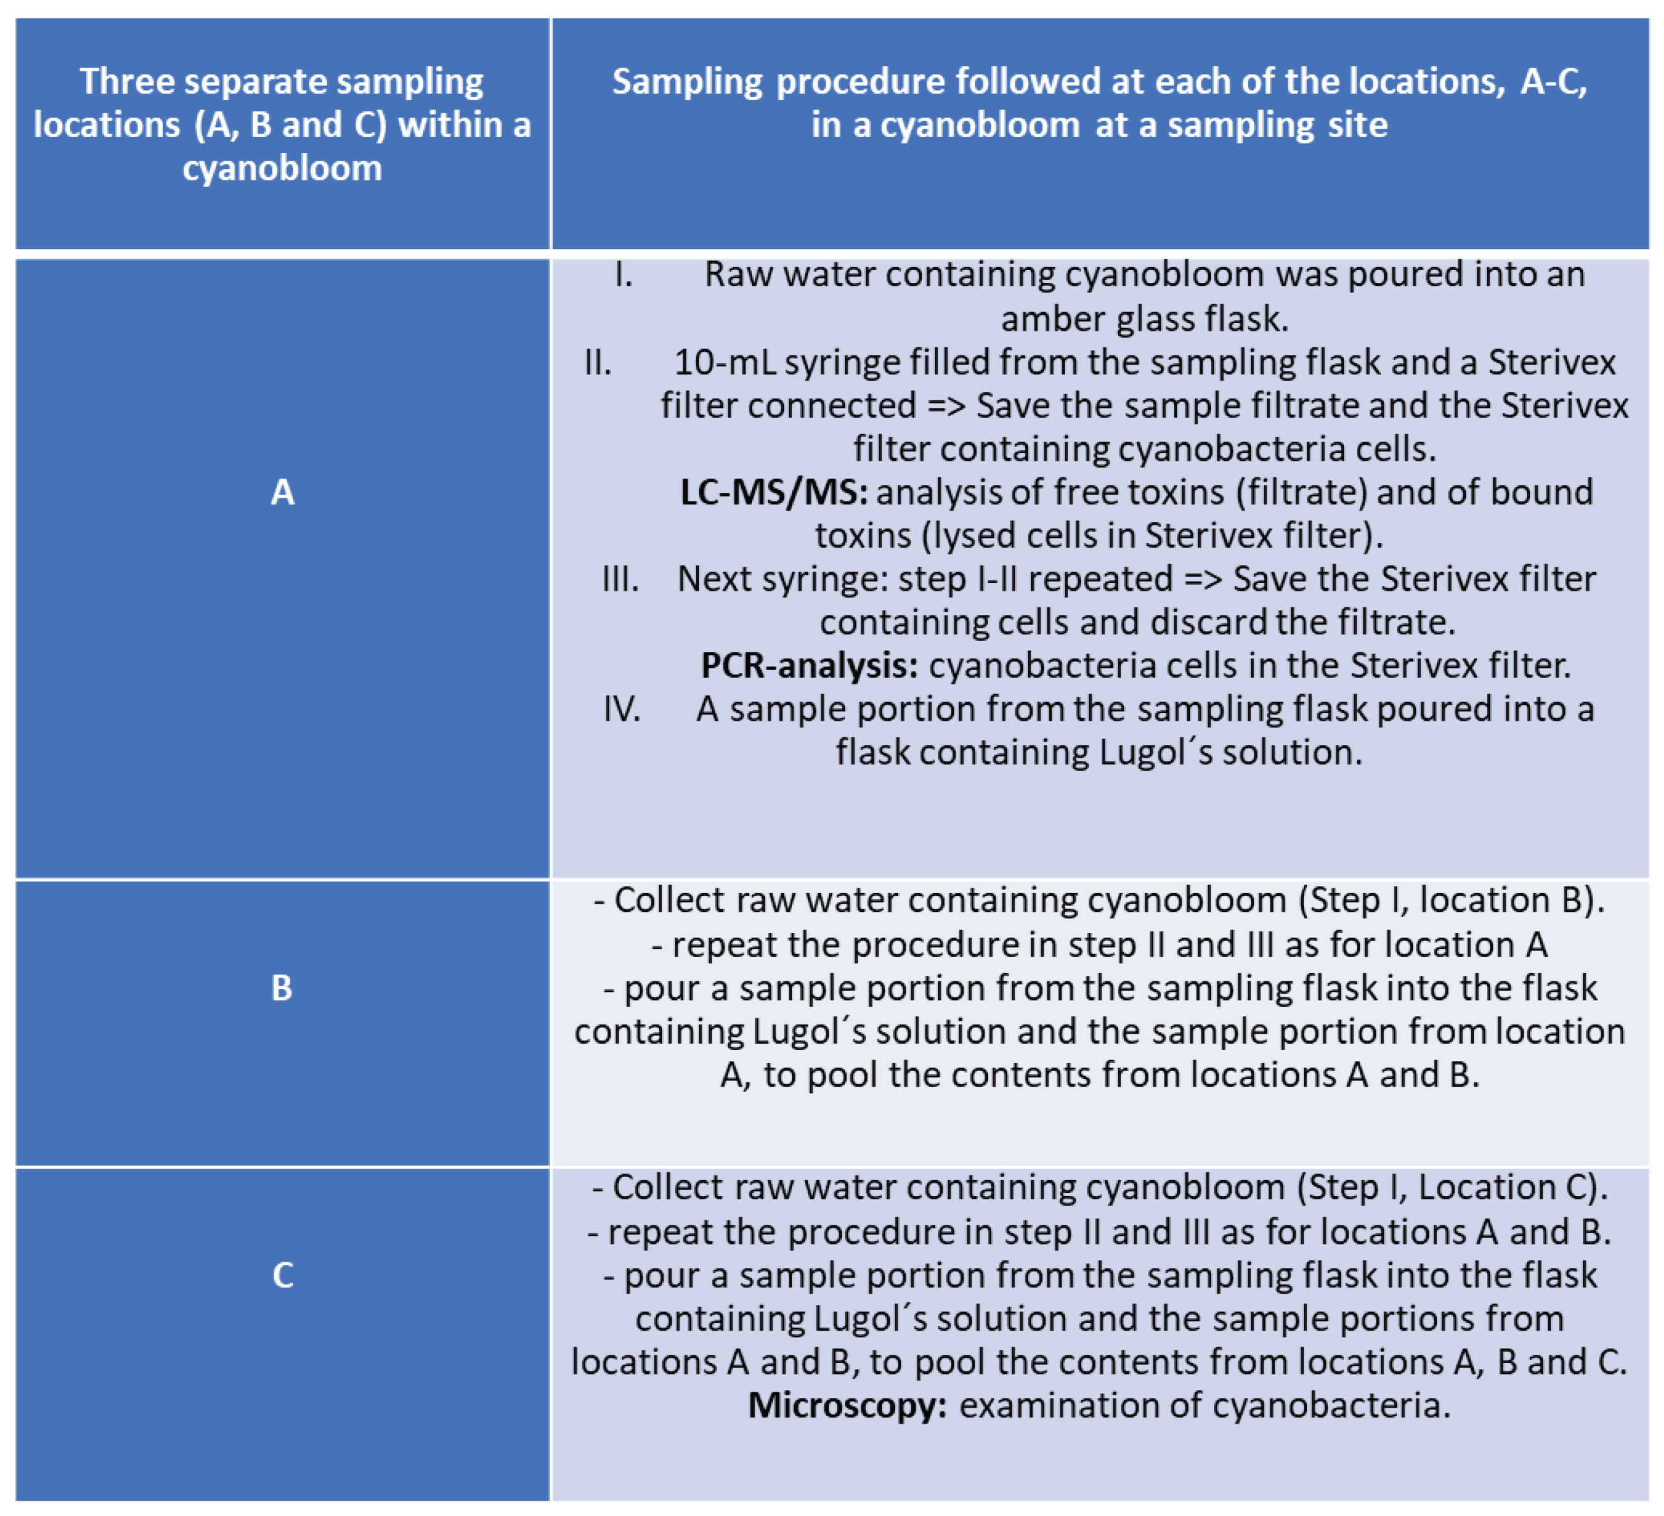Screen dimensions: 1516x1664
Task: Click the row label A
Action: click(x=282, y=492)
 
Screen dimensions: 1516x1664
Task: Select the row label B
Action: click(x=282, y=988)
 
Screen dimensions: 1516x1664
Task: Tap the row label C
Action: click(x=282, y=1275)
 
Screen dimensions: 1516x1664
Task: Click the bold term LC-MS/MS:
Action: click(x=774, y=492)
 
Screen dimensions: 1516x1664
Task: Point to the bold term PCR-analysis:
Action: click(x=809, y=665)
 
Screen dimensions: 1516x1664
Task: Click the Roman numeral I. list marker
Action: click(x=624, y=275)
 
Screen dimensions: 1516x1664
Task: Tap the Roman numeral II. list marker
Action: click(x=598, y=363)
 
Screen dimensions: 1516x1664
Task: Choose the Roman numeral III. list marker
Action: click(x=620, y=579)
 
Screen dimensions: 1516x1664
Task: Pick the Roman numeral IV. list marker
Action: click(x=621, y=709)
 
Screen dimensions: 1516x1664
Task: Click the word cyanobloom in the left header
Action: click(x=282, y=168)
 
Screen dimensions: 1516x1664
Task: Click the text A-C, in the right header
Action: click(x=1553, y=81)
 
